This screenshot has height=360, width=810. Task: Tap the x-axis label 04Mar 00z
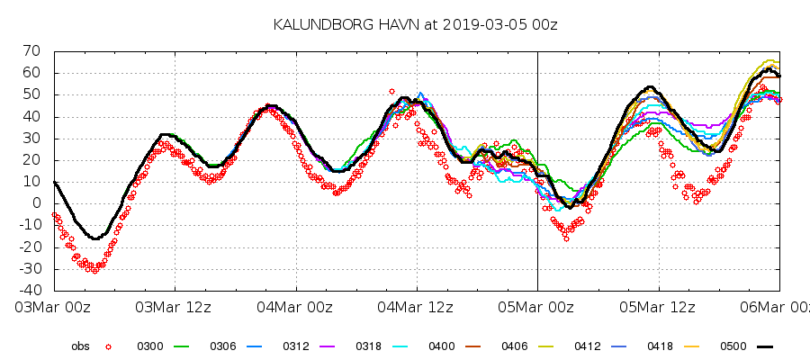coord(295,308)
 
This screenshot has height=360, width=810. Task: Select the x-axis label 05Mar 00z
coord(537,308)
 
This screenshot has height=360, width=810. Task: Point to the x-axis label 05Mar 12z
coord(658,308)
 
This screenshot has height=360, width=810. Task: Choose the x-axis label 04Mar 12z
coord(417,308)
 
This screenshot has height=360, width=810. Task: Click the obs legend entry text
coord(81,346)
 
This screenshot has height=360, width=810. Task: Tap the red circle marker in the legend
coord(108,346)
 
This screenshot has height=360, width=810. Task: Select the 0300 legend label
coord(150,346)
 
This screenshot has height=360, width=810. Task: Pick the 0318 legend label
coord(369,346)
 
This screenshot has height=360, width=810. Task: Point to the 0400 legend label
coord(442,346)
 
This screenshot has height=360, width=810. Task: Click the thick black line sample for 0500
coord(764,346)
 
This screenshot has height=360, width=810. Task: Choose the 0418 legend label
coord(661,346)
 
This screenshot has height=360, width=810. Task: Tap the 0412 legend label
coord(588,346)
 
